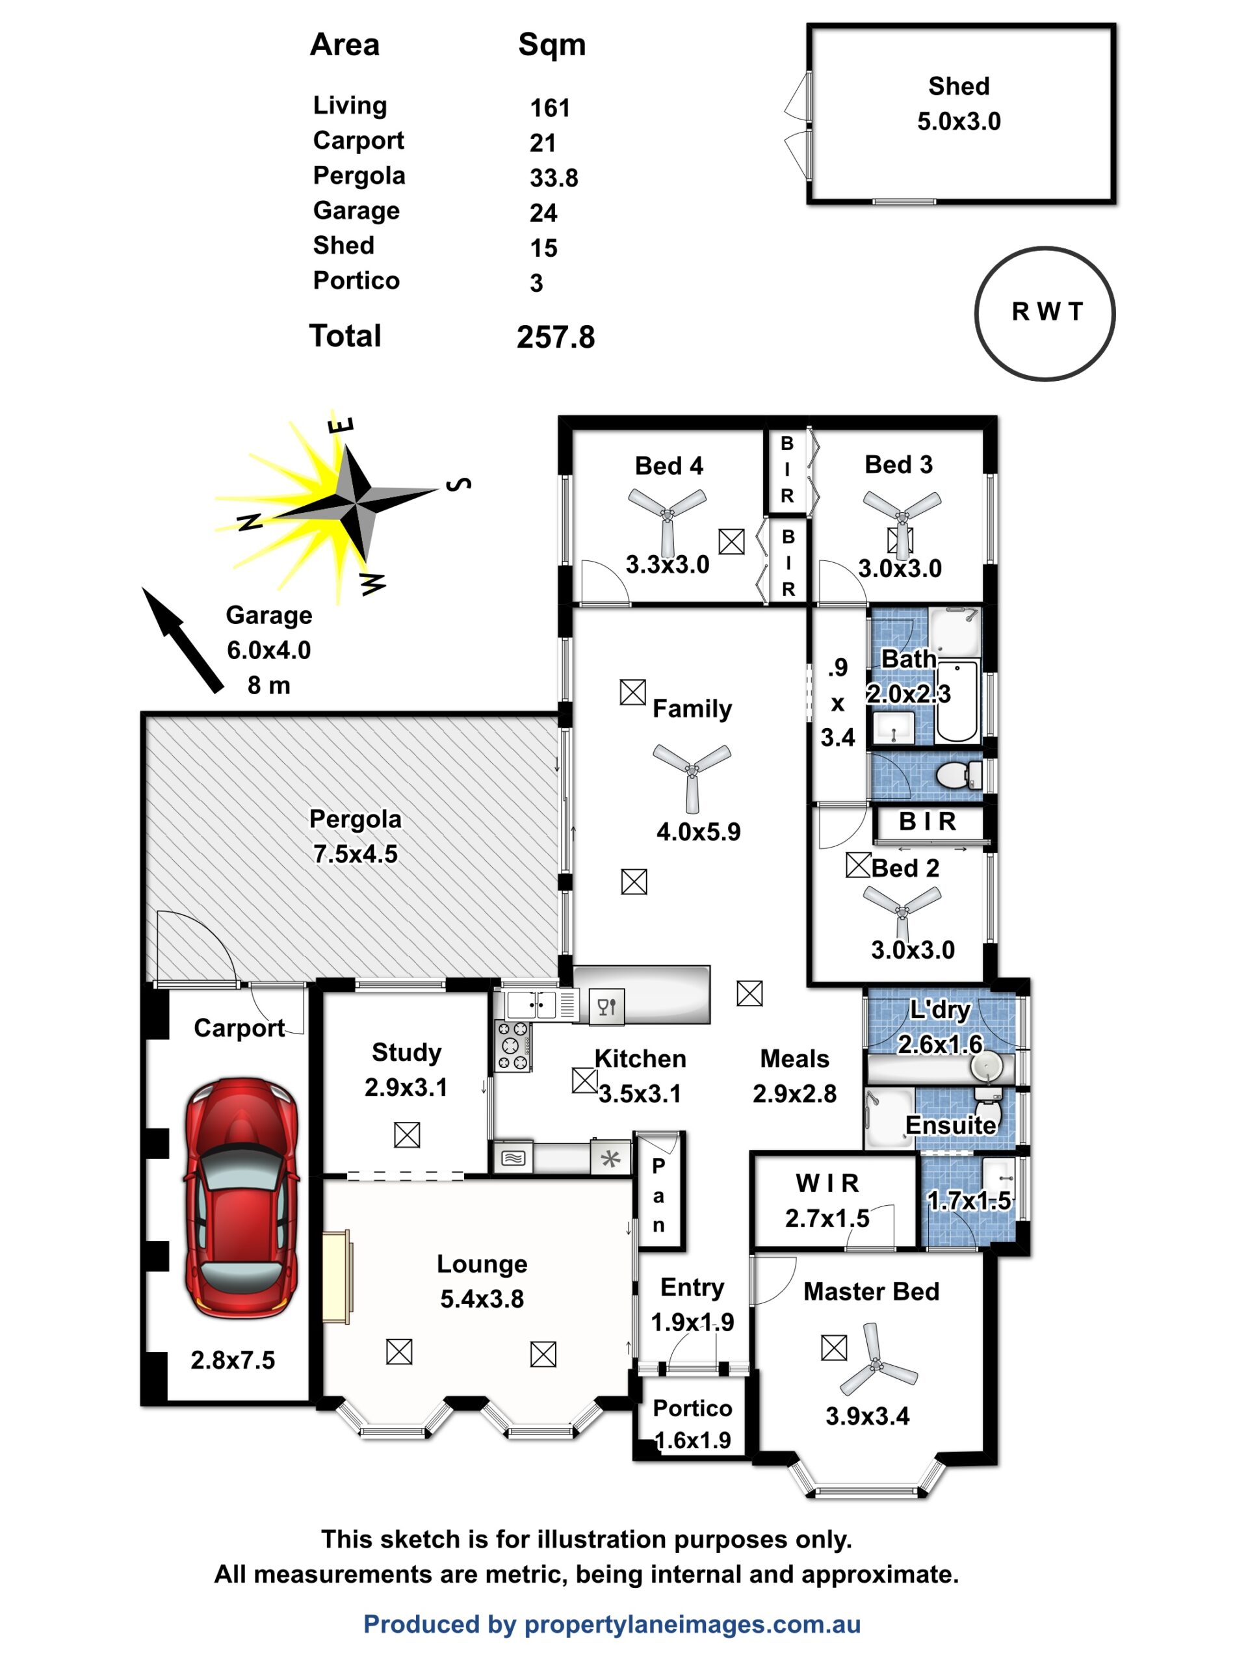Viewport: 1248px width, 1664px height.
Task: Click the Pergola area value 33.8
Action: (x=554, y=178)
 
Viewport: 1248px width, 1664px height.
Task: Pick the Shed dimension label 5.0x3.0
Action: (x=958, y=122)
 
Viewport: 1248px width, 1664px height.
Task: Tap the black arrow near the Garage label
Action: (x=182, y=640)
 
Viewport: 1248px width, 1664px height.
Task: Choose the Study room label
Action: (x=406, y=1052)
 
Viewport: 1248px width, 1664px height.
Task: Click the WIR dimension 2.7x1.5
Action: (x=827, y=1219)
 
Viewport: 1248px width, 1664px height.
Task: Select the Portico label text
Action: (x=692, y=1409)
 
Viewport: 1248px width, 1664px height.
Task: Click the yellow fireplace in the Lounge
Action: (x=337, y=1277)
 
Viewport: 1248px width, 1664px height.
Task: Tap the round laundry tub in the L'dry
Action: (x=986, y=1066)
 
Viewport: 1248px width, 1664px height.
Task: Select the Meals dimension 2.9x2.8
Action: (x=794, y=1094)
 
